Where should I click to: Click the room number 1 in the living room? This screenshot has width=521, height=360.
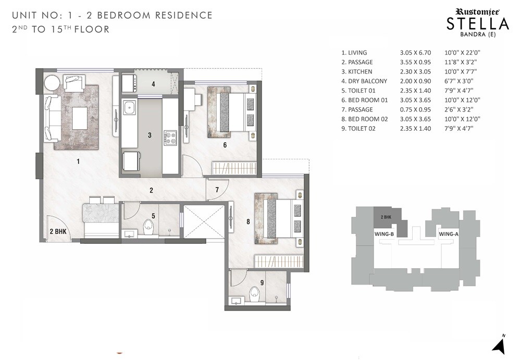click(78, 162)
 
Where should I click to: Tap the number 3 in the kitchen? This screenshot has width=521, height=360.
click(150, 135)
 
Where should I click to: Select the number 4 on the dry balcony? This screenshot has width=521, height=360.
click(153, 84)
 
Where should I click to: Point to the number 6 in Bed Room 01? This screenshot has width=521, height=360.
click(225, 145)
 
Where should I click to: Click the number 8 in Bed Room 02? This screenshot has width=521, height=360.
click(248, 222)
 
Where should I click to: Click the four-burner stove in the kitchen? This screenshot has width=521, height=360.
click(170, 138)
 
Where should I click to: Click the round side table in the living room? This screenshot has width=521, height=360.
click(52, 83)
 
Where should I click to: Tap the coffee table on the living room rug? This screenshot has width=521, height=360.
click(80, 117)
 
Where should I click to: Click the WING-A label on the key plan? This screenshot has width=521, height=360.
click(448, 234)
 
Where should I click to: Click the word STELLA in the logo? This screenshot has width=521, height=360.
click(478, 23)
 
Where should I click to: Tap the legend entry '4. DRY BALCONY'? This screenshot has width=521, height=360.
click(364, 81)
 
